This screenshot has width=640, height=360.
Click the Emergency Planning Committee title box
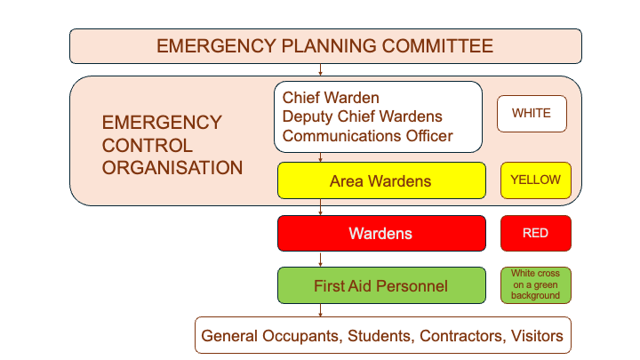[325, 46]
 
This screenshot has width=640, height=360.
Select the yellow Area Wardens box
[380, 180]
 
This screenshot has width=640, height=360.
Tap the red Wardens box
[380, 234]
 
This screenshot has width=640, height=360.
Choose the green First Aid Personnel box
[380, 285]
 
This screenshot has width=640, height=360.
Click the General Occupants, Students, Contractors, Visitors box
[382, 336]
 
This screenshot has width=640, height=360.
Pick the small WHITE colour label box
[532, 114]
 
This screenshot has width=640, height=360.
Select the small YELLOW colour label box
[535, 180]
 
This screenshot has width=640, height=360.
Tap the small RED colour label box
[535, 234]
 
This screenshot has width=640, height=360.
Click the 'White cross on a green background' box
[535, 285]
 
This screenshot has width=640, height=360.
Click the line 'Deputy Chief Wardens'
[362, 116]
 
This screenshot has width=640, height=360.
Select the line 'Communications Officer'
[367, 136]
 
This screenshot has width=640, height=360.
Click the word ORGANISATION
[172, 166]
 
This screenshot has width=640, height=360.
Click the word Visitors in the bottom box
[534, 336]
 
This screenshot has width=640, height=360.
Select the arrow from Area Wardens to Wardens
[321, 208]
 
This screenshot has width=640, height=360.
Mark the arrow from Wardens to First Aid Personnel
[321, 260]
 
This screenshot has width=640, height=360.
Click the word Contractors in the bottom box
[438, 336]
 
